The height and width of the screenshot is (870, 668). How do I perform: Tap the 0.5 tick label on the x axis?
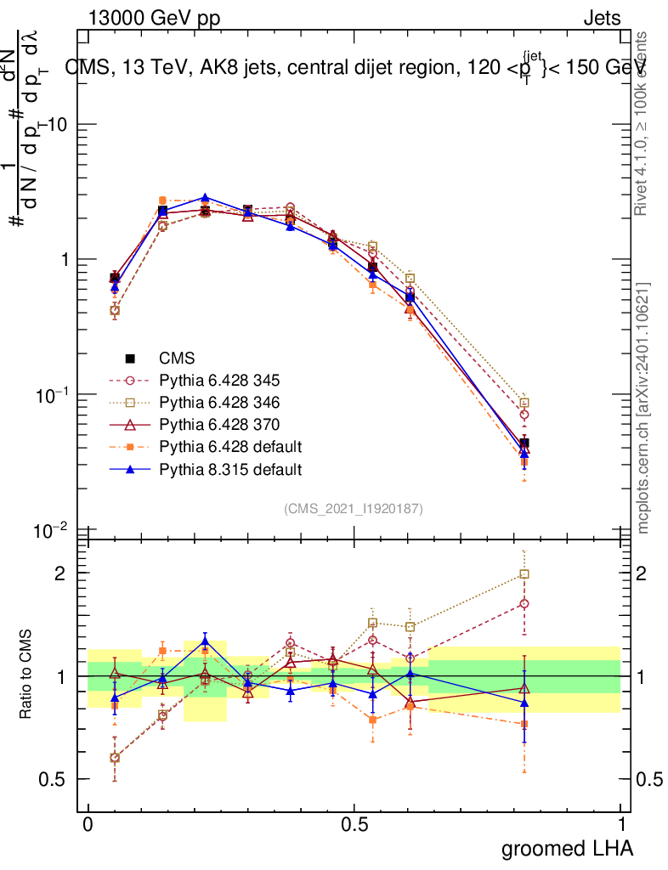click(x=354, y=825)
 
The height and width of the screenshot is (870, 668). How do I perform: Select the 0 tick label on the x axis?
click(x=88, y=825)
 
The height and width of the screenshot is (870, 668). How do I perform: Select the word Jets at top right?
click(x=601, y=18)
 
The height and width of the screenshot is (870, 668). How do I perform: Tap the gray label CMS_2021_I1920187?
click(x=354, y=508)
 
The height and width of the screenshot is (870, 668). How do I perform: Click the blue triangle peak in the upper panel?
click(x=204, y=198)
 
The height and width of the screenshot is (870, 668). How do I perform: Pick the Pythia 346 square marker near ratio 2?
click(x=524, y=573)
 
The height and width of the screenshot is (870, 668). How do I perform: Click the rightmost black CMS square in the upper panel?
click(x=524, y=443)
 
